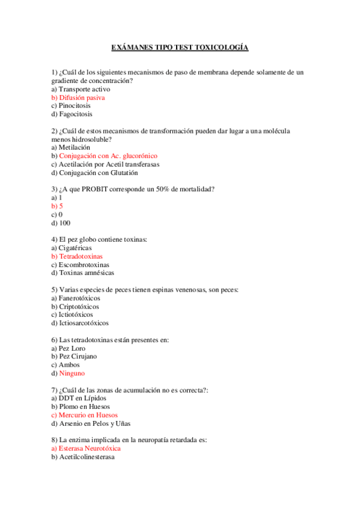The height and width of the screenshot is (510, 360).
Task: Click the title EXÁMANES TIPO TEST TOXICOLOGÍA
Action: (x=180, y=47)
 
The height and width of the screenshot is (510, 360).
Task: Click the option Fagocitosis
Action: (x=75, y=114)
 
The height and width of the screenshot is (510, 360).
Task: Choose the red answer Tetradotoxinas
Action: (x=81, y=256)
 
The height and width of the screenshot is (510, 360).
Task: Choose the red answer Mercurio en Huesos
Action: (x=88, y=415)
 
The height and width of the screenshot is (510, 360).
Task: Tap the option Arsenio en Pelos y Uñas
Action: (x=94, y=423)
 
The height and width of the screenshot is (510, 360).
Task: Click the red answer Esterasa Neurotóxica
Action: (x=90, y=448)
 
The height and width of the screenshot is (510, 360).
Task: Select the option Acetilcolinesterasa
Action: (x=86, y=456)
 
